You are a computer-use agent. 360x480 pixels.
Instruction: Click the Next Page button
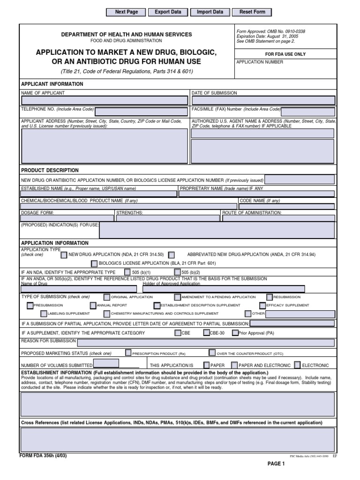pos(127,12)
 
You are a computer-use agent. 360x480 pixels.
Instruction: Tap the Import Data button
pos(210,12)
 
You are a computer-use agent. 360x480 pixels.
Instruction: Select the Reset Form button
pos(252,12)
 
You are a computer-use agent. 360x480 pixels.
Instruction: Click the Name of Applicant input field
pos(105,100)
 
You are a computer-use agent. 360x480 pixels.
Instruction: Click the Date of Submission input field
pos(263,100)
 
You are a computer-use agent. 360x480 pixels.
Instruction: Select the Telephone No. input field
pos(141,111)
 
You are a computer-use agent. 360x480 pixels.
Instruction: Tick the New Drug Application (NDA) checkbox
pos(64,255)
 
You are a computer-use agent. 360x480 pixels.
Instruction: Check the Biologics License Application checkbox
pos(94,263)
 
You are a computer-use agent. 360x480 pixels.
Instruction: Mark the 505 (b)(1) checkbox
pos(128,272)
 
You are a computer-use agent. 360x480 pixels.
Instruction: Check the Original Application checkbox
pos(107,297)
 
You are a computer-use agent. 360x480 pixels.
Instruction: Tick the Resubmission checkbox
pos(270,297)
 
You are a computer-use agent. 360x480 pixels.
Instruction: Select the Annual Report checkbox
pos(93,305)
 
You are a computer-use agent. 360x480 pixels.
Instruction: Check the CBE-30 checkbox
pos(207,333)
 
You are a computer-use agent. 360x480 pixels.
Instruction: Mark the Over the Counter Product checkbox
pos(212,353)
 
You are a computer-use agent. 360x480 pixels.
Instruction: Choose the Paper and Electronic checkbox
pos(234,365)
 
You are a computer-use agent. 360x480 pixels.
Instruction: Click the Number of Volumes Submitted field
pos(106,364)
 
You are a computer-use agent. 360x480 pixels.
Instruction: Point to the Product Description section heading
pos(50,170)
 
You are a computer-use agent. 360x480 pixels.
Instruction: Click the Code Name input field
pos(286,206)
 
